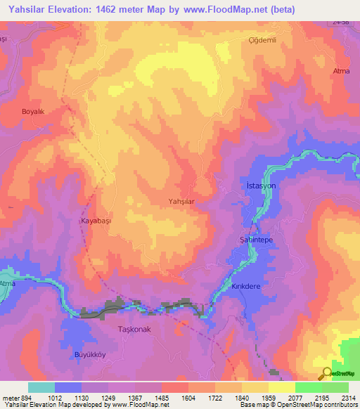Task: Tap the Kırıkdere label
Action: pos(246,287)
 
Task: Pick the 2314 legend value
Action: pos(348,397)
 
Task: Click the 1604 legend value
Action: pos(188,397)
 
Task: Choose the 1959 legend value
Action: pos(268,397)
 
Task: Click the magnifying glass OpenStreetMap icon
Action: pos(326,372)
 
